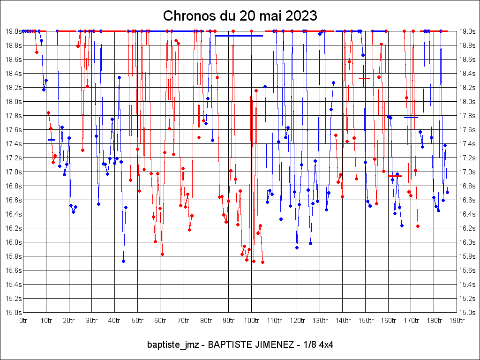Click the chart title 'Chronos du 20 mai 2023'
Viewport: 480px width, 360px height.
240,15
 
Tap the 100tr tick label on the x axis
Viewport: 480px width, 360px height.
252,321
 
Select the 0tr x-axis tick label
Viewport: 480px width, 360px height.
23,321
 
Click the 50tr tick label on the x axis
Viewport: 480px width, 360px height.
137,321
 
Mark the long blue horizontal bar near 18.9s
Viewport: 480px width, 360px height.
239,36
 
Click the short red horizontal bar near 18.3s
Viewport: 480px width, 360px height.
364,78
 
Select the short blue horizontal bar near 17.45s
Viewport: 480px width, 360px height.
52,140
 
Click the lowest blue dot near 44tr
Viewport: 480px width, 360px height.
123,261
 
